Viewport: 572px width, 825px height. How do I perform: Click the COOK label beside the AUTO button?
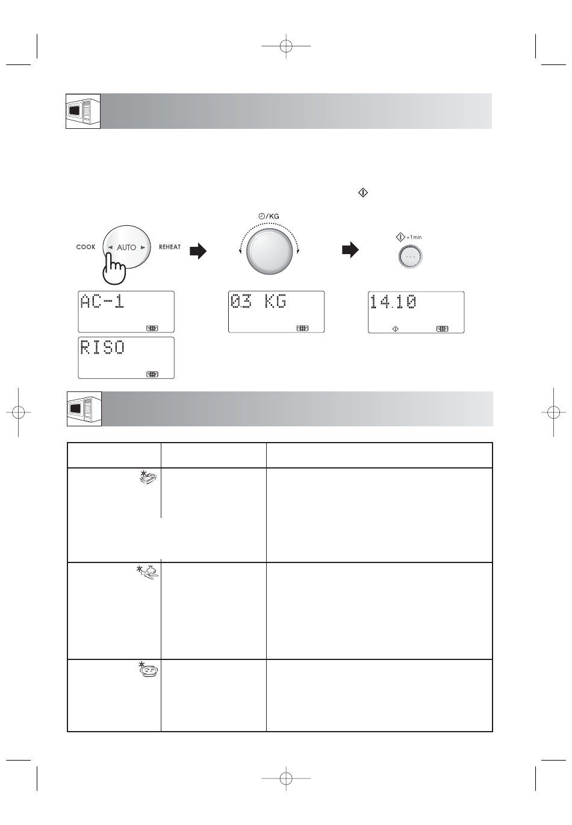85,247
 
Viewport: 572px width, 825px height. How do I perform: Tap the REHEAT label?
170,247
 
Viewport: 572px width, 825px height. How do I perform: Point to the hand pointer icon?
114,268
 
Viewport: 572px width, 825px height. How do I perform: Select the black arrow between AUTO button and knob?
198,251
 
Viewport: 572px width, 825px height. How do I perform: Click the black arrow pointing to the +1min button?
350,250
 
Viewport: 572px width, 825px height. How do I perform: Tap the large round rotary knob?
269,251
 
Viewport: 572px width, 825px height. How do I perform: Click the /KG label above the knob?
273,216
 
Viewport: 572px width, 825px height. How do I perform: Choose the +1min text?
414,237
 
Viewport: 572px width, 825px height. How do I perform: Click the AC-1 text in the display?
102,301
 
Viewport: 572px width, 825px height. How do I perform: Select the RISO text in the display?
102,347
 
